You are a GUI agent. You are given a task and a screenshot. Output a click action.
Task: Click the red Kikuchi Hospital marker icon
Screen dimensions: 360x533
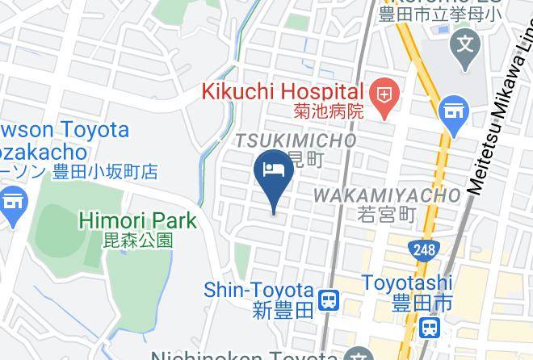click(385, 95)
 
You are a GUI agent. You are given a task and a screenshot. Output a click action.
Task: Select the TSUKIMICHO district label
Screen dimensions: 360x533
click(296, 140)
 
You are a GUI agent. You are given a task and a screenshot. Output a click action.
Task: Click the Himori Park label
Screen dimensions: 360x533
click(137, 220)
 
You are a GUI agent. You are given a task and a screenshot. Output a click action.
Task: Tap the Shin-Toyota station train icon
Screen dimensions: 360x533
click(328, 301)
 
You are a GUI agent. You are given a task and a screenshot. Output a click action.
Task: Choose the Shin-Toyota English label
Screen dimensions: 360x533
click(258, 289)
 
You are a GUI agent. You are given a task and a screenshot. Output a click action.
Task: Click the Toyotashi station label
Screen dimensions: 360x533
click(407, 283)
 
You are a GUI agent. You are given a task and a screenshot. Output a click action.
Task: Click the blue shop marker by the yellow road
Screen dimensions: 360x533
click(454, 110)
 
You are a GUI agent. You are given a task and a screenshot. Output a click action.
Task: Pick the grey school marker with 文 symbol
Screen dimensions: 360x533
click(466, 42)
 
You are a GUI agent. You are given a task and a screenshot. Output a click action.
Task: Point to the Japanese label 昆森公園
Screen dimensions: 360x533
click(138, 239)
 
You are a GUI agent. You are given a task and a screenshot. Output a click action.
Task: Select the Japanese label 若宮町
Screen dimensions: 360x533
click(385, 214)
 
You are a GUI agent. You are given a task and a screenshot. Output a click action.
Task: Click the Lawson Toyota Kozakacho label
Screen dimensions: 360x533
click(65, 140)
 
